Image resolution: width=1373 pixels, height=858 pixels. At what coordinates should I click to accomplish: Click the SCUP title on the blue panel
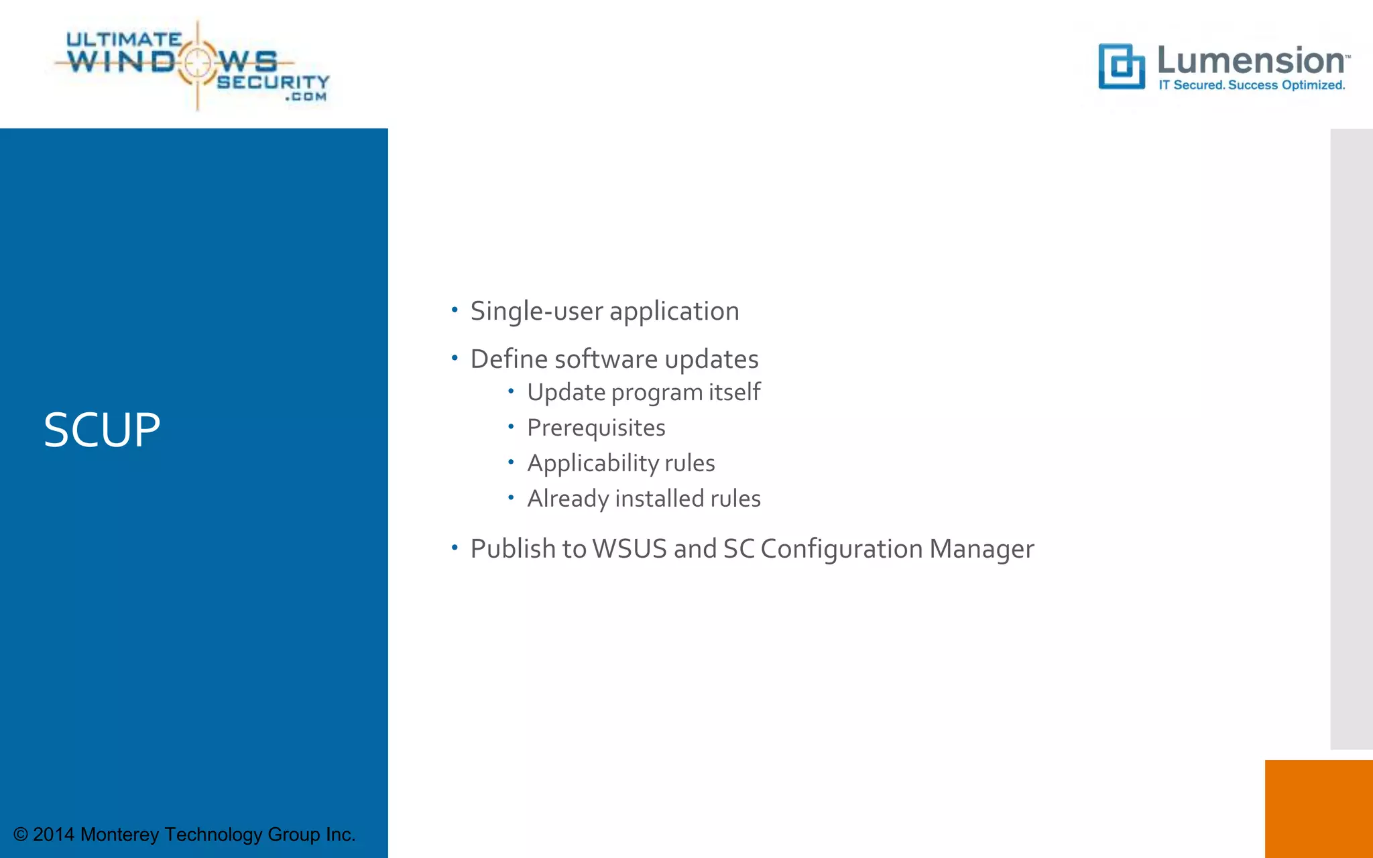(102, 430)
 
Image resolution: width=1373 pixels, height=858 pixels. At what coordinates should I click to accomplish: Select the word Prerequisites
(596, 428)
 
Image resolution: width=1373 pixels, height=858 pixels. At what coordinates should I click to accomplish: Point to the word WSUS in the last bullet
(630, 549)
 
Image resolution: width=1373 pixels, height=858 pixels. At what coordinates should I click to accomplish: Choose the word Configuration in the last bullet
(841, 549)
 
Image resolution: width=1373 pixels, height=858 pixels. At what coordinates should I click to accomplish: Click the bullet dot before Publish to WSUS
(455, 548)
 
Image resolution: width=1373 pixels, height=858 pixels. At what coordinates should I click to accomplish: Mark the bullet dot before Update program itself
(511, 391)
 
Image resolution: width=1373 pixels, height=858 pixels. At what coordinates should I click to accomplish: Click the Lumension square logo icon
(1121, 66)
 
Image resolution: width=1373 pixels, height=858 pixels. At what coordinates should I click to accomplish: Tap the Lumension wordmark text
(1251, 60)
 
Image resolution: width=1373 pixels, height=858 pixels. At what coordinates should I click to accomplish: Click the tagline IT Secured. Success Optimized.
(1252, 85)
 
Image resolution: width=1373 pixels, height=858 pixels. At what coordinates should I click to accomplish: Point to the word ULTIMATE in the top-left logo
(124, 40)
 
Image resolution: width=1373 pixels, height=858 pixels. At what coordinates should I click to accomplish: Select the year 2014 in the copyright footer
(54, 835)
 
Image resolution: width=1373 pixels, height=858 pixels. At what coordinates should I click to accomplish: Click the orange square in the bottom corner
(1319, 808)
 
